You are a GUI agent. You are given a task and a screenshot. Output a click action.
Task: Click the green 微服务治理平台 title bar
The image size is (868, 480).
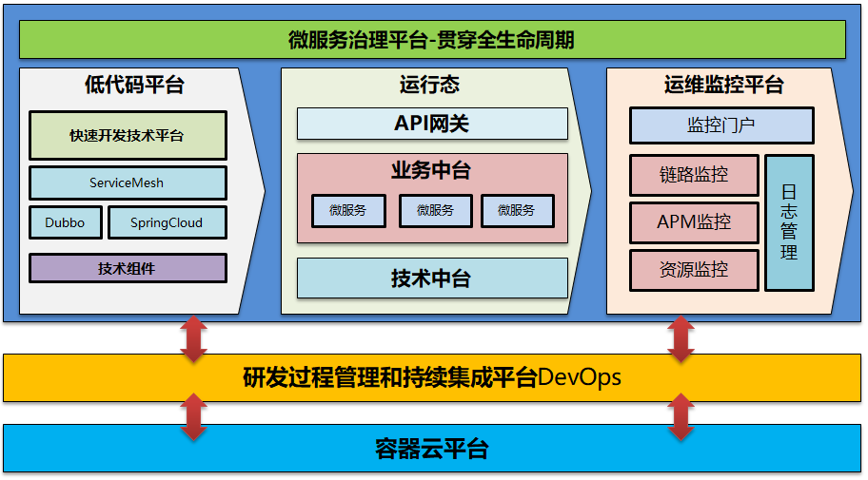tap(432, 40)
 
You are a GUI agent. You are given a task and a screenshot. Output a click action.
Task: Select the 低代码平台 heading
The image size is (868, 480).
tap(134, 85)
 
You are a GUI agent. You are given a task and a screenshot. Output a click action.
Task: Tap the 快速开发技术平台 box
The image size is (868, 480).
tap(128, 136)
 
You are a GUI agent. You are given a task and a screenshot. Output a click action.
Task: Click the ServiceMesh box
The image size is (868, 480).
tap(128, 182)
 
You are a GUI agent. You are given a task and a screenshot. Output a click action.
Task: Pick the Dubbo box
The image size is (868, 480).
tap(65, 222)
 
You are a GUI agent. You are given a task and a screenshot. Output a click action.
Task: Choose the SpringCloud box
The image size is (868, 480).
tap(167, 222)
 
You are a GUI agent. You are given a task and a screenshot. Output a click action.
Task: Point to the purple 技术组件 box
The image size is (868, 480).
tap(128, 268)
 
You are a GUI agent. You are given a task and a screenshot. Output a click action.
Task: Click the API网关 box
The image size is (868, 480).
tap(432, 124)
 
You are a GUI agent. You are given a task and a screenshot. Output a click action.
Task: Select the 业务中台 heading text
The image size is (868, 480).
tap(431, 171)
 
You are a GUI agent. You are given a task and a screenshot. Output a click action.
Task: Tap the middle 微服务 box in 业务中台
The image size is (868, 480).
tap(435, 211)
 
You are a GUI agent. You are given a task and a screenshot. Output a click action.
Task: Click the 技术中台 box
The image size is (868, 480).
tap(432, 278)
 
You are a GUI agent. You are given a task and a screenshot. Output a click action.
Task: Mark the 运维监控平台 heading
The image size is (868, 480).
tap(723, 85)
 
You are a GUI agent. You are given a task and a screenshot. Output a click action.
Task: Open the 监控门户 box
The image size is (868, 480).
tap(721, 125)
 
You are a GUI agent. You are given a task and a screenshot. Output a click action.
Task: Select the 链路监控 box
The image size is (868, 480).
tap(694, 175)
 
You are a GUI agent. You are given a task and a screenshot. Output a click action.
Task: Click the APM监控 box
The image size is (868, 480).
tap(694, 222)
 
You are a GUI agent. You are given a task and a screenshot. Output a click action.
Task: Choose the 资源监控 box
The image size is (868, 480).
tap(694, 270)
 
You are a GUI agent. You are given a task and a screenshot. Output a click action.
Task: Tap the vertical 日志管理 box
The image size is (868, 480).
tap(789, 222)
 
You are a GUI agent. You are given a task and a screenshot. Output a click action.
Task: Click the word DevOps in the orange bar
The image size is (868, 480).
tap(580, 377)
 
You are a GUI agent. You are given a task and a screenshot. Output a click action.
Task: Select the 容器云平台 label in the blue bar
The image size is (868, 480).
tap(432, 449)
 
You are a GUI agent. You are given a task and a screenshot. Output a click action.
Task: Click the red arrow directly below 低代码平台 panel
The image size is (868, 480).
tap(194, 339)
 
